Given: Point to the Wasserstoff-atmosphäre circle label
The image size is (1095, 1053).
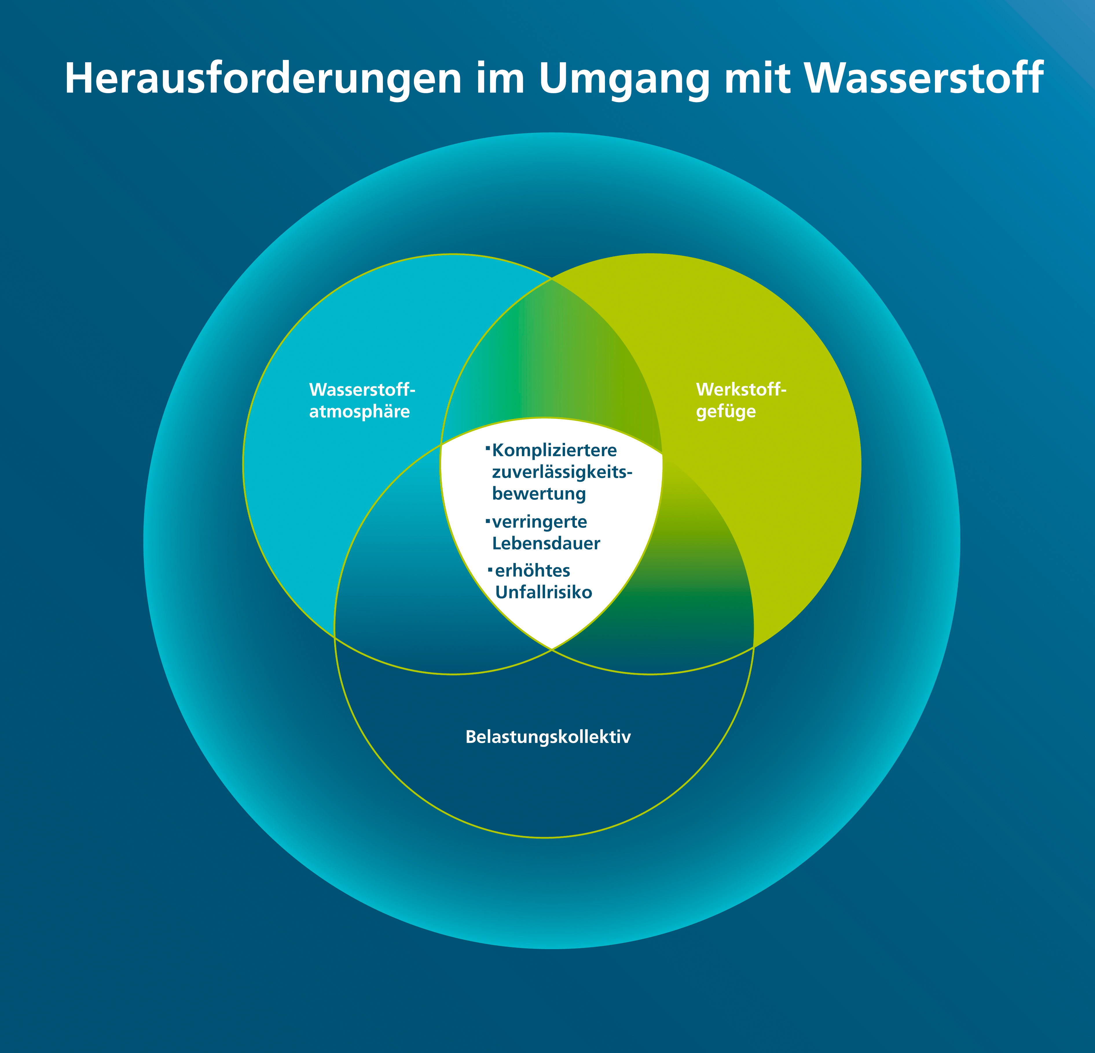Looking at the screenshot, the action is [362, 400].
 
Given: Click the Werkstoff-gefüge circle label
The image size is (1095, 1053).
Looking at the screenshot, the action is [741, 400].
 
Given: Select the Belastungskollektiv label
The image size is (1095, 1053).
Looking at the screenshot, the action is [548, 737].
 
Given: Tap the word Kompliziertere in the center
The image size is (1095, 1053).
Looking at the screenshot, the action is [554, 450].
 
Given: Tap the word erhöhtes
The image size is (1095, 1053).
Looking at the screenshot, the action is [532, 570].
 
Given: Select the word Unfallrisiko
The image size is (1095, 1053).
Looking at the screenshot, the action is [544, 592].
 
